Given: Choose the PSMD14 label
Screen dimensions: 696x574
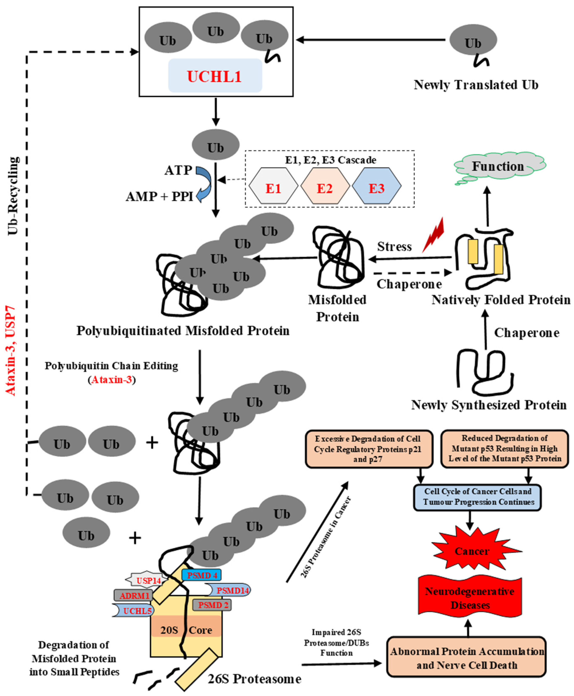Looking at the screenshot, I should click(231, 590).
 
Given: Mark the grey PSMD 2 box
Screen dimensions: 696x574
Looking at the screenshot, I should click(212, 605).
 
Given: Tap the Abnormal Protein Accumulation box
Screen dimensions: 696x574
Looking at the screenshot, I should click(466, 658).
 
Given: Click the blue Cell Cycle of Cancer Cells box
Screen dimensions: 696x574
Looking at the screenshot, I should click(478, 496).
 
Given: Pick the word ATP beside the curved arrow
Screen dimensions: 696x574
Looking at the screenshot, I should click(178, 170).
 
